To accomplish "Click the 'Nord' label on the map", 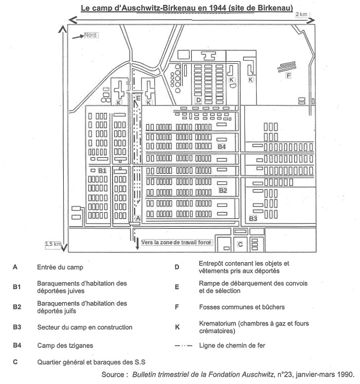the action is tap(91, 35).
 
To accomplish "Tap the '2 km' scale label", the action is tap(301, 14).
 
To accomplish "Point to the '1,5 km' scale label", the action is tap(53, 244).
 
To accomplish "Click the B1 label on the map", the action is tap(102, 171).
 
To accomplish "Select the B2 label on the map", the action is tap(223, 191).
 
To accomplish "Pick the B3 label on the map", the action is tap(253, 218).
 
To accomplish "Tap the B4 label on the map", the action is tap(222, 147).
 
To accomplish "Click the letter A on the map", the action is tap(138, 218).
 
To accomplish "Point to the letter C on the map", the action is tap(240, 244).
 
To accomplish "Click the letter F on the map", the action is tap(289, 76).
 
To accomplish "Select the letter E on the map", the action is tap(138, 98).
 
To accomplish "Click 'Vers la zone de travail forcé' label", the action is tap(176, 242).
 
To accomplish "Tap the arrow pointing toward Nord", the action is tap(78, 36).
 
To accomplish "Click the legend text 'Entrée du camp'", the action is tap(60, 267).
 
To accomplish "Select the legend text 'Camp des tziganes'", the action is tap(65, 345).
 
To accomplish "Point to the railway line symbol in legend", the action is tap(184, 346).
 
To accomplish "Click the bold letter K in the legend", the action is tap(177, 327).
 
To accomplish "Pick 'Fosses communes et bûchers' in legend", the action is tap(242, 307).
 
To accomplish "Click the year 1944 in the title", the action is tap(218, 8).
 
